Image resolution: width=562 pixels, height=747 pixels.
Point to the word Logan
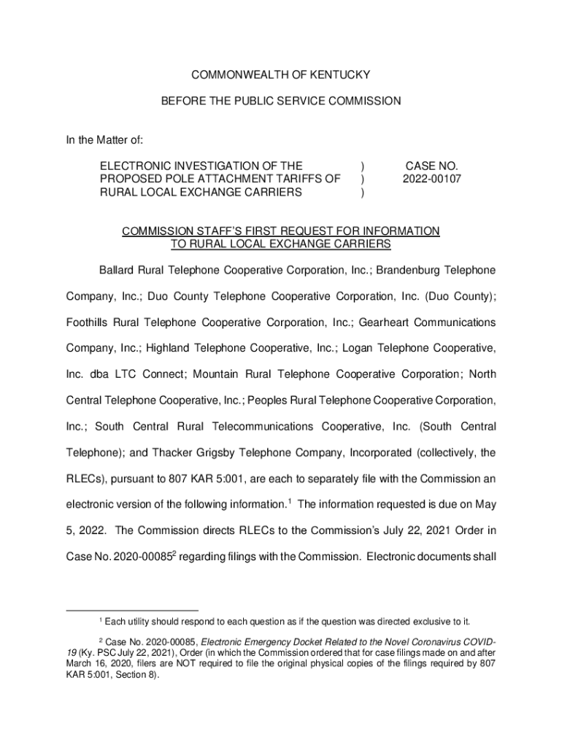point(388,349)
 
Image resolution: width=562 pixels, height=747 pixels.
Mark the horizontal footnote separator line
point(131,610)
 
